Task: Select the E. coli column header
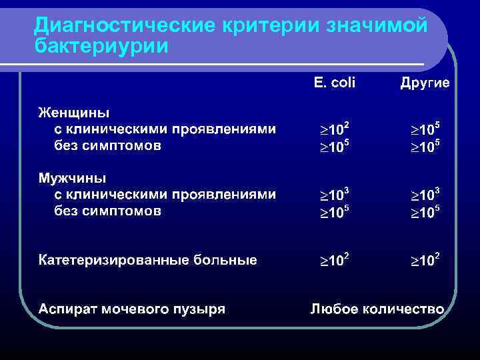tap(334, 83)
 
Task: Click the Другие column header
tap(425, 83)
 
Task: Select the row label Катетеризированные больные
tap(147, 260)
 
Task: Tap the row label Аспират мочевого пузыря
tap(131, 309)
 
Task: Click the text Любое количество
tap(377, 309)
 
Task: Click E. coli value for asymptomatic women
tap(333, 145)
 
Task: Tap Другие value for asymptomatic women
tap(424, 145)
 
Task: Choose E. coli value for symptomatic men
tap(333, 195)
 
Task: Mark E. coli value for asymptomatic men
tap(333, 212)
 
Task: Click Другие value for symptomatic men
tap(424, 195)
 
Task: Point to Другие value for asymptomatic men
tap(424, 212)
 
